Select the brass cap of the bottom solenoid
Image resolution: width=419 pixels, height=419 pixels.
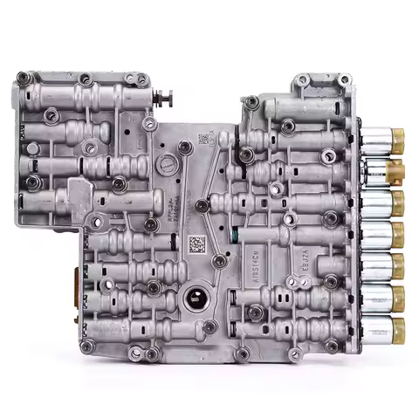coord(398,328)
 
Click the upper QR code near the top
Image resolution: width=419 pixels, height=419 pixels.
coord(203,138)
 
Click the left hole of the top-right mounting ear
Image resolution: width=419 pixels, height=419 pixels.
coord(302,80)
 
